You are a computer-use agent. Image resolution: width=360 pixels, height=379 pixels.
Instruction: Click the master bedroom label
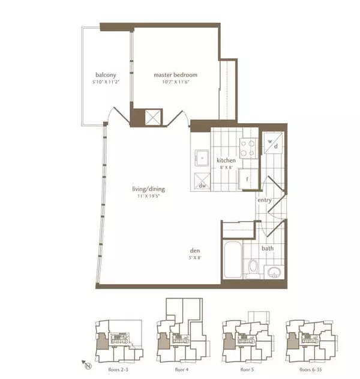coord(175,75)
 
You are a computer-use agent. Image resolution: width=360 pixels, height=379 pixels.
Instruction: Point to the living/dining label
coord(149,189)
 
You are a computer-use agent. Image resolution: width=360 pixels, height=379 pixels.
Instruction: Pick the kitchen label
coord(226,161)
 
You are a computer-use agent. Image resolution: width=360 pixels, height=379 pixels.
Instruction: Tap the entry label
coord(265,199)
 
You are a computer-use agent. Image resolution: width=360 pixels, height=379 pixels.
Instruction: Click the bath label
coord(268,247)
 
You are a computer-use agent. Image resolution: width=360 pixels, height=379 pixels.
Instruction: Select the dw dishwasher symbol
coord(203,185)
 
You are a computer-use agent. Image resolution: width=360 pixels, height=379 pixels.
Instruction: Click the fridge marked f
coord(247,178)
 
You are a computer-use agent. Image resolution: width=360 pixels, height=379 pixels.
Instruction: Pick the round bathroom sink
coord(274,271)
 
